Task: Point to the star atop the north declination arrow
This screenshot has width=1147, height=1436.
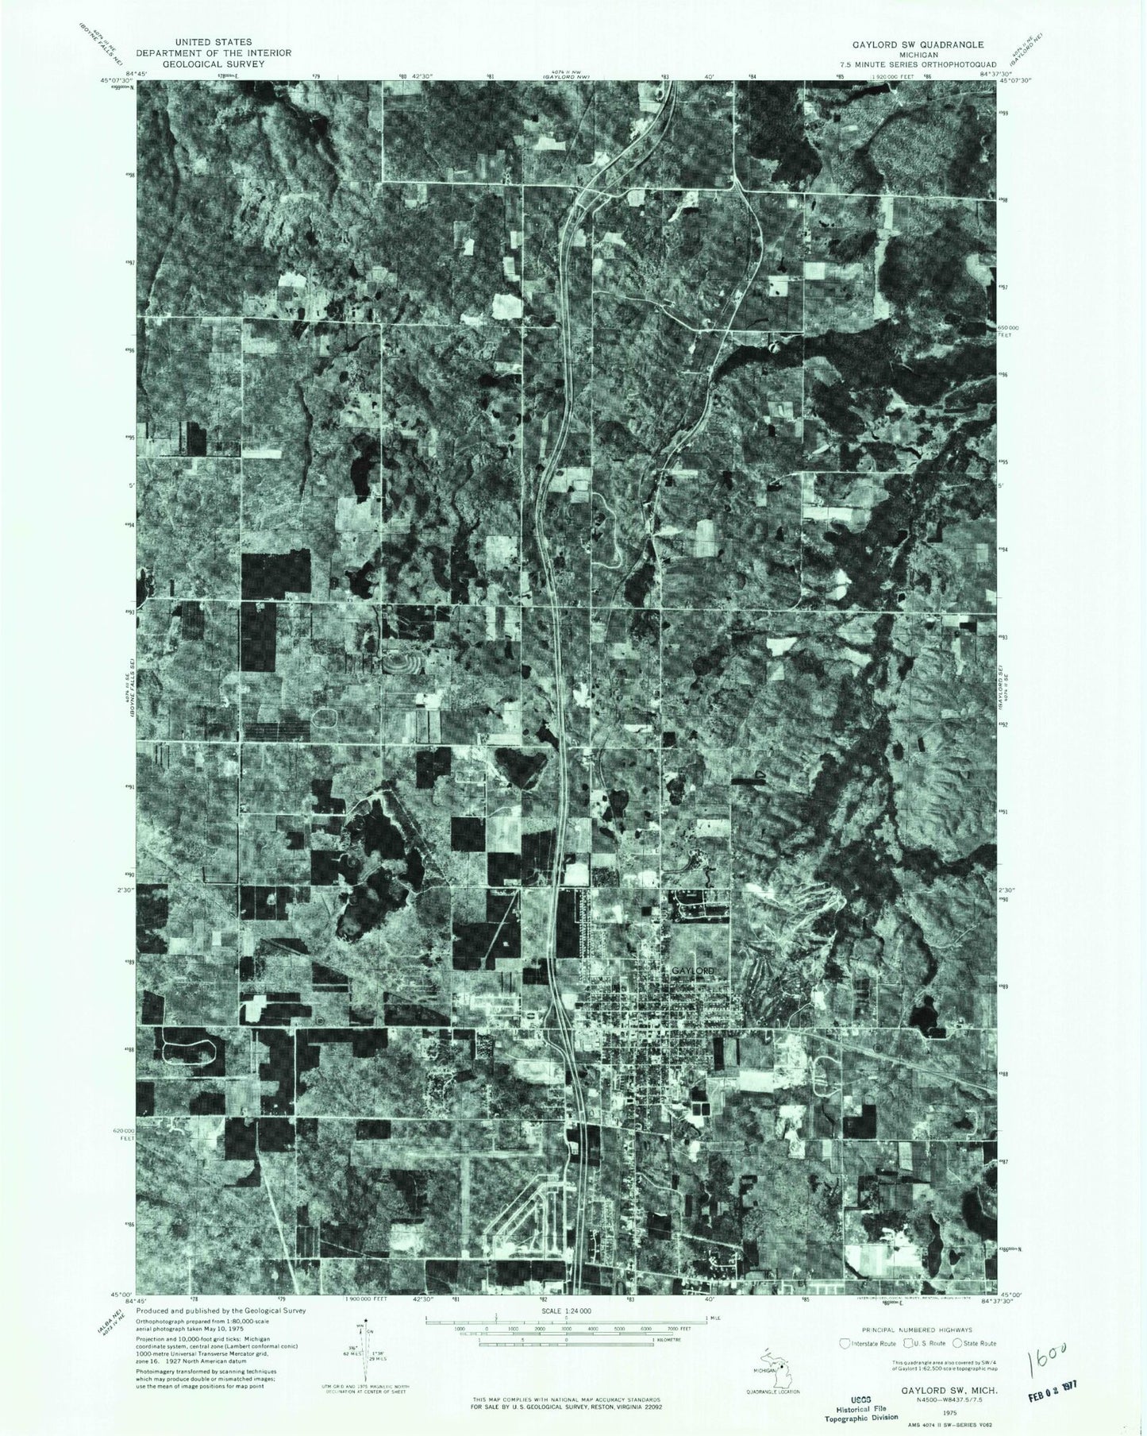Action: click(362, 1325)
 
